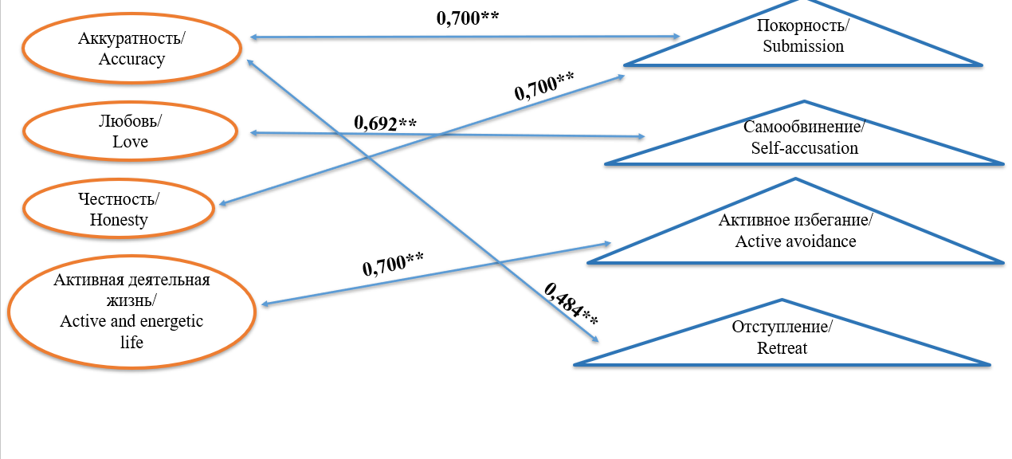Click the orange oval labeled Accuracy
coord(132,49)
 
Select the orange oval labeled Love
coord(131,132)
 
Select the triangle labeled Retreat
coord(783,338)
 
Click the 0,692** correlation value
coord(386,124)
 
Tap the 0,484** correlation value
coord(571,304)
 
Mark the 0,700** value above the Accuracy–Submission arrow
coord(468,18)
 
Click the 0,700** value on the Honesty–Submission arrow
coord(544,85)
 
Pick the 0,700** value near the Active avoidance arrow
coord(392,264)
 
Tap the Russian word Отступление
coord(782,328)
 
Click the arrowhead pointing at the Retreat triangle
coord(594,340)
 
